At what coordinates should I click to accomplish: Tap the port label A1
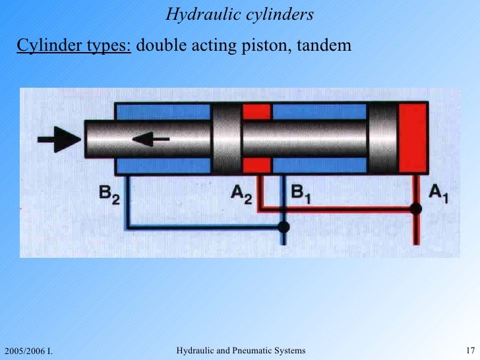click(x=438, y=193)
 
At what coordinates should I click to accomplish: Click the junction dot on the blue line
click(x=284, y=227)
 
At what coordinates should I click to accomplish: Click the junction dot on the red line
click(x=415, y=209)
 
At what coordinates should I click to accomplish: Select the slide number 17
click(x=471, y=349)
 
